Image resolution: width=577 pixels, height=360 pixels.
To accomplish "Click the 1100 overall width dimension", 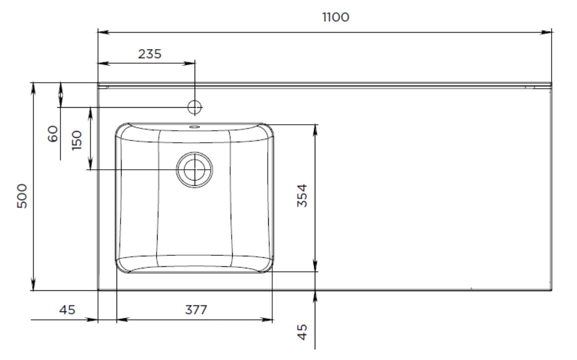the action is click(x=336, y=18).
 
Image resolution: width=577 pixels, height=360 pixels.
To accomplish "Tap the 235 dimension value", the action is click(x=150, y=54).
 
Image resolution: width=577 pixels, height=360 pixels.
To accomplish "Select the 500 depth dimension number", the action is click(x=23, y=196).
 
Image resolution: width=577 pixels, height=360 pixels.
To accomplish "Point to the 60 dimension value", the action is click(x=53, y=134).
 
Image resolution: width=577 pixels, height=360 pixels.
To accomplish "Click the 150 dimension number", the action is click(x=77, y=140).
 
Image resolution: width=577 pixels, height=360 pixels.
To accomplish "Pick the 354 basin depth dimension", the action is click(x=302, y=195).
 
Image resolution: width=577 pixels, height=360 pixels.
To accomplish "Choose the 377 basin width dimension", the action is click(x=196, y=310).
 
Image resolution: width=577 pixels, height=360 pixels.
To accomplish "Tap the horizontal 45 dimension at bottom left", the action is click(x=68, y=310).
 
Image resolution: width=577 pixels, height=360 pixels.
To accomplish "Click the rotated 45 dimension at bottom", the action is click(x=302, y=332).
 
